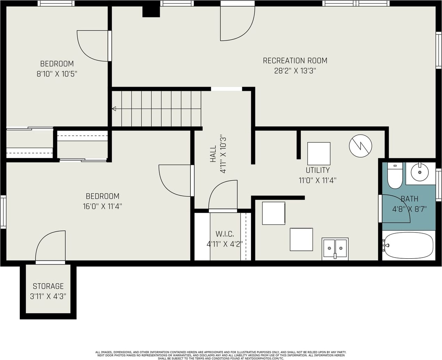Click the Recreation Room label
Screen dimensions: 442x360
coord(295,61)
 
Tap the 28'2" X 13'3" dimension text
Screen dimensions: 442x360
coord(295,71)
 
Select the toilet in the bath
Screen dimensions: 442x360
coord(395,175)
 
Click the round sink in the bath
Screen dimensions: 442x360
coord(420,172)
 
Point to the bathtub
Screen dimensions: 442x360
coord(409,245)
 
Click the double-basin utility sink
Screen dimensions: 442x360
coord(335,249)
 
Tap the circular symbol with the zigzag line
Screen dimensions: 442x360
coord(361,146)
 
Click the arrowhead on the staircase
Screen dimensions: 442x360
coord(114,109)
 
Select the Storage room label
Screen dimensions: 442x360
coord(48,286)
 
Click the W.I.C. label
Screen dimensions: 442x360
coord(225,234)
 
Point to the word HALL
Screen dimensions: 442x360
coord(213,154)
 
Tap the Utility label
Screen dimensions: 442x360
coord(317,170)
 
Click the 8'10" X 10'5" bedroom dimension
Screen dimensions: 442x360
coord(57,74)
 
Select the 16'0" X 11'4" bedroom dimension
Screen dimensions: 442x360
coord(103,206)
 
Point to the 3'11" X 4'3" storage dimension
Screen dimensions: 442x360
coord(48,297)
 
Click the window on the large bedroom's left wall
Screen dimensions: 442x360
coord(3,212)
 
